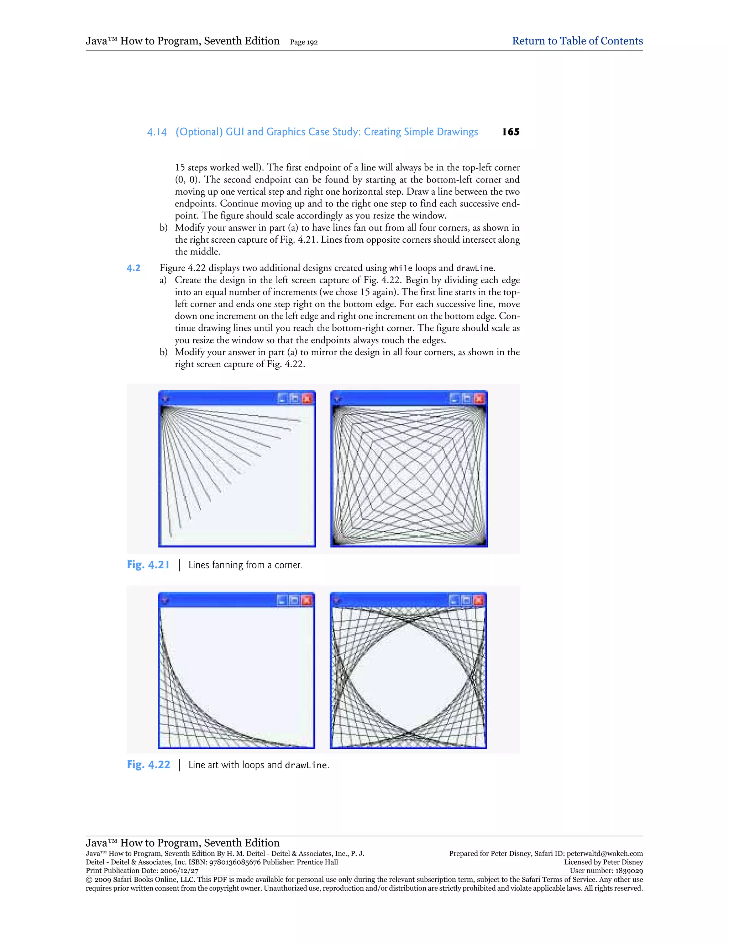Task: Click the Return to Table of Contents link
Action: tap(577, 41)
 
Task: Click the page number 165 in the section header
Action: tap(510, 132)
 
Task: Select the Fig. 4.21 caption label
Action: tap(148, 565)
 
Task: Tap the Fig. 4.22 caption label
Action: tap(148, 765)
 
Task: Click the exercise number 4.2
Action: tap(133, 268)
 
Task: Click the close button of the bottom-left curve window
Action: tap(306, 600)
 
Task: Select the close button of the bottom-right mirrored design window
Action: tap(478, 600)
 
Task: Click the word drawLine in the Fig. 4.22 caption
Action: tap(306, 765)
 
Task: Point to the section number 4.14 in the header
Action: tap(157, 132)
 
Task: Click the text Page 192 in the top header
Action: tap(304, 42)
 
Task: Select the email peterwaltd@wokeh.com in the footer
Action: tap(605, 854)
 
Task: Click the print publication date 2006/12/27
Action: tap(179, 871)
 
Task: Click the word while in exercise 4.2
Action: tap(400, 269)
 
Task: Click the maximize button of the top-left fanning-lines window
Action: tap(294, 399)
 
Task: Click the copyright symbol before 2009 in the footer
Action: tap(89, 880)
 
